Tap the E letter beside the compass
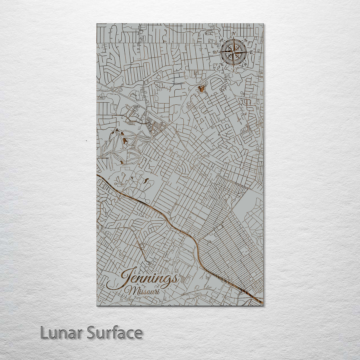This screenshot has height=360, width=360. click(x=251, y=52)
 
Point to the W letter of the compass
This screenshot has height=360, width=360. click(x=216, y=52)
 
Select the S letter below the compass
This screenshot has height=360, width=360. click(x=233, y=70)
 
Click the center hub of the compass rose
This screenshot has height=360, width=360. click(x=233, y=52)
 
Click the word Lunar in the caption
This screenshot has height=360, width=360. click(x=62, y=332)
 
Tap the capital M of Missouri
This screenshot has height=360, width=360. click(x=129, y=291)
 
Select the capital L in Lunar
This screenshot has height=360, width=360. click(x=44, y=332)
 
